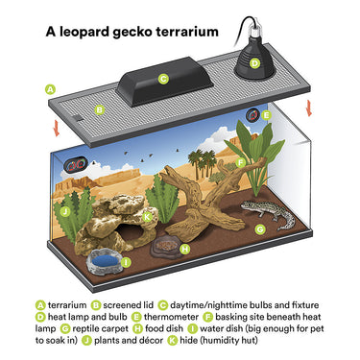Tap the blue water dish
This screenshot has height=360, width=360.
click(105, 262)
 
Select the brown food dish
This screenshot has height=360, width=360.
click(166, 247)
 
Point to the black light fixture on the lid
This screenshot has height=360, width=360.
click(164, 82)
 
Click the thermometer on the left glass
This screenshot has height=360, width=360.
click(76, 165)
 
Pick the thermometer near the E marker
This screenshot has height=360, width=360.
click(252, 115)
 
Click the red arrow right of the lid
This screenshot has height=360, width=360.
click(309, 108)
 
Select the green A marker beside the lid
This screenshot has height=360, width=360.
click(50, 89)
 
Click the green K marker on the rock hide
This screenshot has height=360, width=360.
click(147, 217)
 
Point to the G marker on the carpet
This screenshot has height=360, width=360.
click(260, 229)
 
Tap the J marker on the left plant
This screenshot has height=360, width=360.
click(65, 211)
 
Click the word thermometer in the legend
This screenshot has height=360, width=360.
click(171, 317)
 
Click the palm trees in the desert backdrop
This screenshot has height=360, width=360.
click(202, 163)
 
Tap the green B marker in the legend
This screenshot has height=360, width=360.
click(96, 305)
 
